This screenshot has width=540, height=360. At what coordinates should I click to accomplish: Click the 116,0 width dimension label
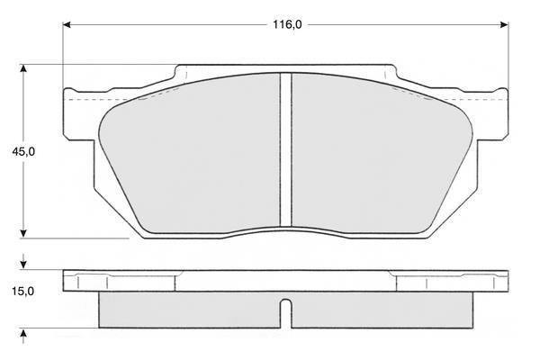287,24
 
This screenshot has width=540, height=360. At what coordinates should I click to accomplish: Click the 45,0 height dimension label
23,151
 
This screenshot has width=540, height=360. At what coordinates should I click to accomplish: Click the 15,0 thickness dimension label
23,292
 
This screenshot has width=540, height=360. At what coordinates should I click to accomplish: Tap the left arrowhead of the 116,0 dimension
67,25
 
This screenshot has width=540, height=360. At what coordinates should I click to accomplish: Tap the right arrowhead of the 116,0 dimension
504,25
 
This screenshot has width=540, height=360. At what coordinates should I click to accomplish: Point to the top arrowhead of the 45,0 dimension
23,68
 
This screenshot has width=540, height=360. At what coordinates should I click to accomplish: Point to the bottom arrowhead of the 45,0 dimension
23,234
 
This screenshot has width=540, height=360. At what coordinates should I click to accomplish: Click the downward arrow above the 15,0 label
23,262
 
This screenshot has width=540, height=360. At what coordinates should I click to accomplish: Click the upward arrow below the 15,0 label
23,336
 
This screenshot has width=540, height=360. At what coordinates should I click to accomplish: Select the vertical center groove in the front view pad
286,150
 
